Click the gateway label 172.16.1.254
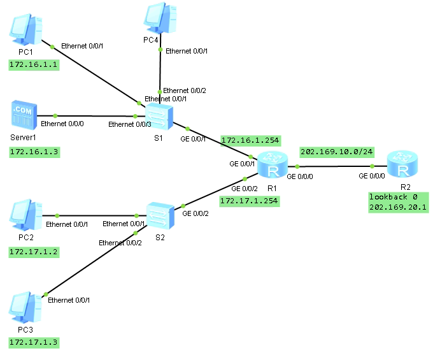point(250,140)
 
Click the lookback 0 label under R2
point(394,198)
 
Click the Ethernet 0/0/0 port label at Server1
point(62,124)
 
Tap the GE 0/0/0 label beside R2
point(372,176)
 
